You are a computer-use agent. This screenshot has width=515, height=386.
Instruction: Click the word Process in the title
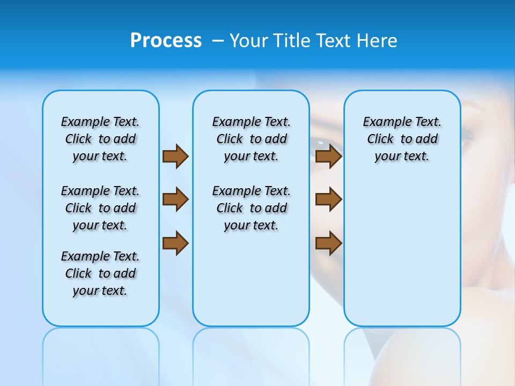pos(166,40)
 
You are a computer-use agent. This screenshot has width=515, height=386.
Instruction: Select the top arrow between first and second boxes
pos(175,156)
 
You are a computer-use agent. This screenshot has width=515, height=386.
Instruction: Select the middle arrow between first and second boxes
pos(175,199)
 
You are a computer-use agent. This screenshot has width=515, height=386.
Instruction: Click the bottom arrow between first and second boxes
pos(175,243)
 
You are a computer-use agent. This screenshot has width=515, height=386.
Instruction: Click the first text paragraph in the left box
pos(100,139)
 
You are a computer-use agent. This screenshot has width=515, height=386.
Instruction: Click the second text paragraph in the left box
pos(100,208)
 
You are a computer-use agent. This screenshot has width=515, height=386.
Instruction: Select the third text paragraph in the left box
pos(100,273)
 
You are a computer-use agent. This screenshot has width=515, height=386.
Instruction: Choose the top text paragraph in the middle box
pos(251,139)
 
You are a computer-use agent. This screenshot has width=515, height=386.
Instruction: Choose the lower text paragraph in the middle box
pos(251,208)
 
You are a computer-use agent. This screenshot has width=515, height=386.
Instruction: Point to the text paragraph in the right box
pos(402,139)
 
